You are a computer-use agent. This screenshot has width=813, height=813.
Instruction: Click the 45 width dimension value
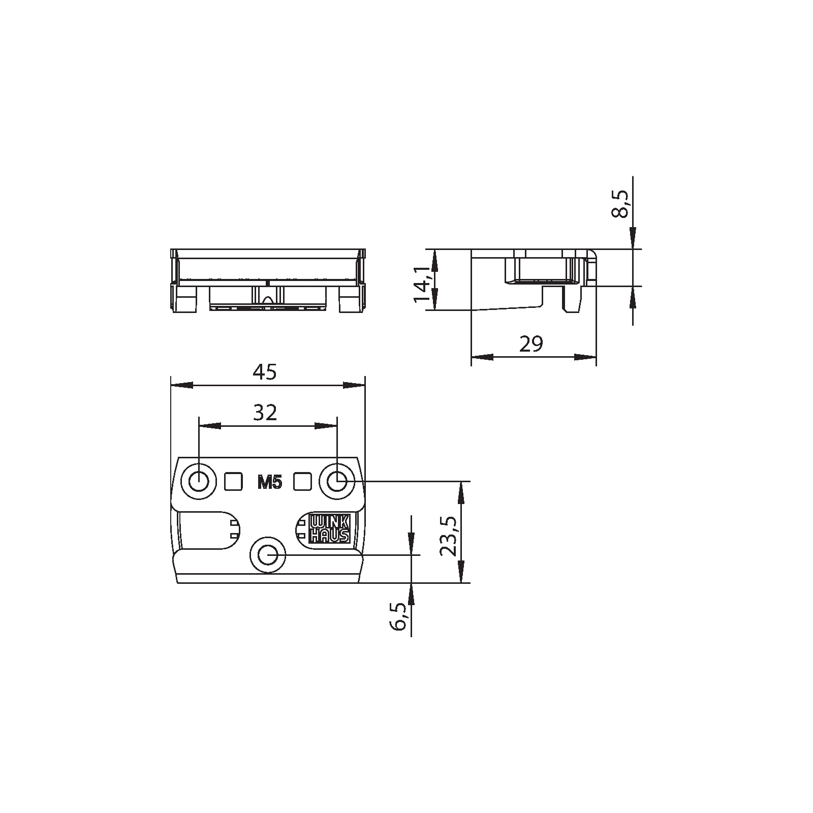pos(265,372)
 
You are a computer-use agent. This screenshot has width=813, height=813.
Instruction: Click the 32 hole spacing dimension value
pos(265,413)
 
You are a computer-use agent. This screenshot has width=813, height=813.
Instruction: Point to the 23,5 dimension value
pos(448,537)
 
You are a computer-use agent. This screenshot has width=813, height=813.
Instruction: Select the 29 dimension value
pos(531,345)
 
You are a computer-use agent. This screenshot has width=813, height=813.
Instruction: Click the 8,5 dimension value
pos(619,204)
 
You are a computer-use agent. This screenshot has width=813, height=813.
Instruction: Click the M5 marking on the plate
pos(269,483)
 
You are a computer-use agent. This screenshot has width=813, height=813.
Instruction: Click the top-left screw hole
pos(198,481)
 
